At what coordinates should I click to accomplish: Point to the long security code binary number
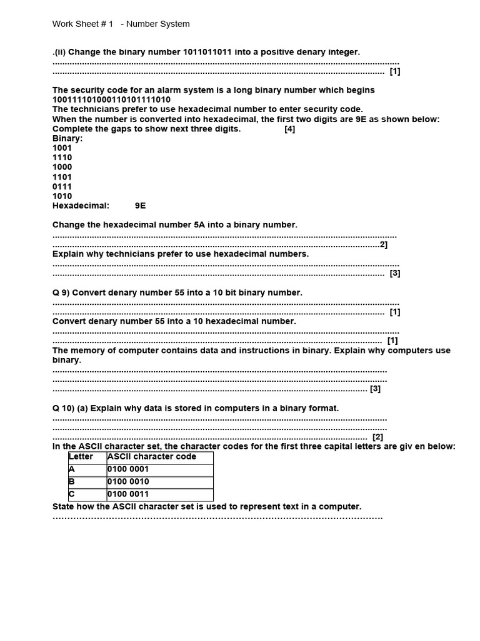click(111, 100)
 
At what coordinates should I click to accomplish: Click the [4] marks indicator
click(289, 129)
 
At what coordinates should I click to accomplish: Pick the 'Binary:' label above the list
click(67, 138)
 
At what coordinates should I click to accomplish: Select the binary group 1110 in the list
click(62, 158)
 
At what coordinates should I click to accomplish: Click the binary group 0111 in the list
click(62, 187)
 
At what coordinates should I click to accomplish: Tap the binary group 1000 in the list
click(62, 167)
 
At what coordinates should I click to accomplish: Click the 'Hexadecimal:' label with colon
click(81, 205)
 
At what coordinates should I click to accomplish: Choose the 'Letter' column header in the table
click(81, 457)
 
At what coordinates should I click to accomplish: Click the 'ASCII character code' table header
click(152, 457)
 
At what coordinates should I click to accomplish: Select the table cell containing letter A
click(87, 469)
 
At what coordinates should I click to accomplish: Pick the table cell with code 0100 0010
click(159, 482)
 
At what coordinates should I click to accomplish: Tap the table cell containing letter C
click(87, 495)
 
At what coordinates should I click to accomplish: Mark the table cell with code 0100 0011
click(159, 495)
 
